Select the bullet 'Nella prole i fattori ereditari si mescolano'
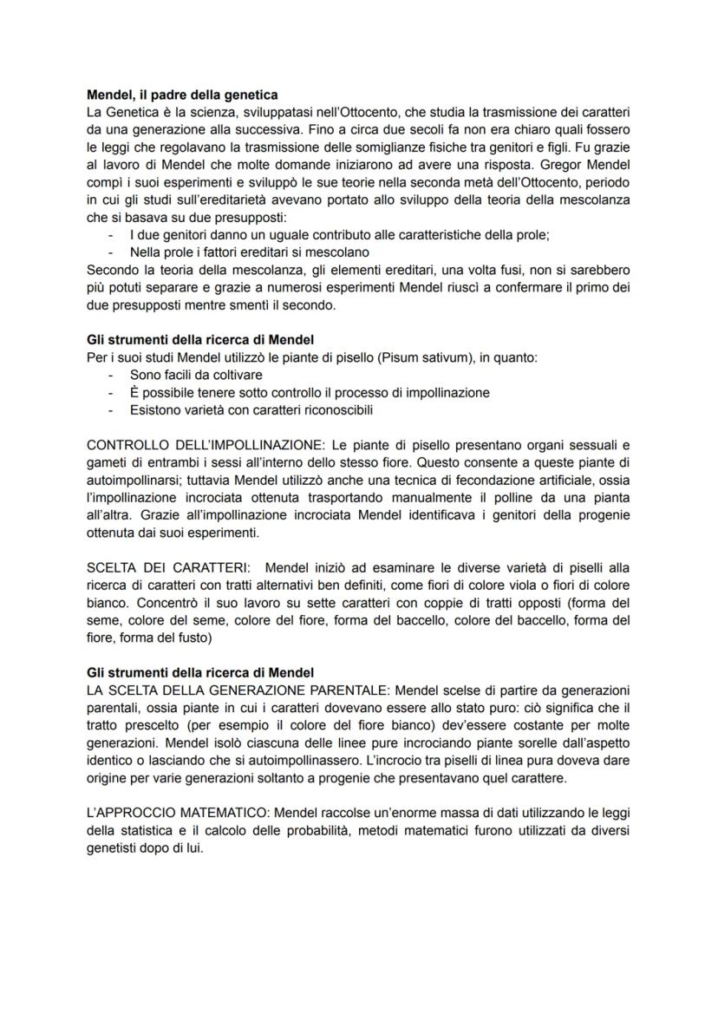click(x=250, y=252)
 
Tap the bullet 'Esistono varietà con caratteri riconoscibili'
click(x=251, y=409)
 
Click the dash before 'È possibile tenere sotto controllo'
click(x=111, y=393)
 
